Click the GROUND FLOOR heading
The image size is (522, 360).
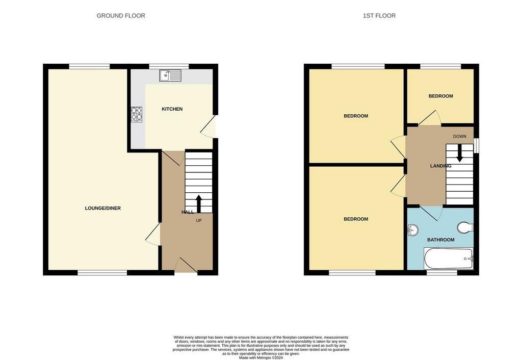point(121,16)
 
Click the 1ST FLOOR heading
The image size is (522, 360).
point(379,16)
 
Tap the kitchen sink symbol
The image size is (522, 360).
point(170,75)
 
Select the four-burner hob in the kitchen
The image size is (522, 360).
point(137,114)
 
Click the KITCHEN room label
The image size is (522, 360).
point(172,109)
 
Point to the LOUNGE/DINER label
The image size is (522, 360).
point(103,208)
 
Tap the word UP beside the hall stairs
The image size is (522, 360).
point(199,220)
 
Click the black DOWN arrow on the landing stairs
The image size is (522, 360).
point(460,153)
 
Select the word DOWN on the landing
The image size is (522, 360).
point(460,136)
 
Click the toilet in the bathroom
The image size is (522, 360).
point(465,228)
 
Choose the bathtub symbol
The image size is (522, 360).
point(449,259)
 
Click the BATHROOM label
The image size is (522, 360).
point(441,240)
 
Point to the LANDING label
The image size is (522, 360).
point(441,166)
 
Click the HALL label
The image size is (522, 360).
point(188,212)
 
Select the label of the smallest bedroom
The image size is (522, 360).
point(441,96)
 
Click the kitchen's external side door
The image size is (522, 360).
point(209,126)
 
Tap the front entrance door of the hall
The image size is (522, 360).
point(186,266)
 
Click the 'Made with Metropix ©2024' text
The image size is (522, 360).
point(260,358)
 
